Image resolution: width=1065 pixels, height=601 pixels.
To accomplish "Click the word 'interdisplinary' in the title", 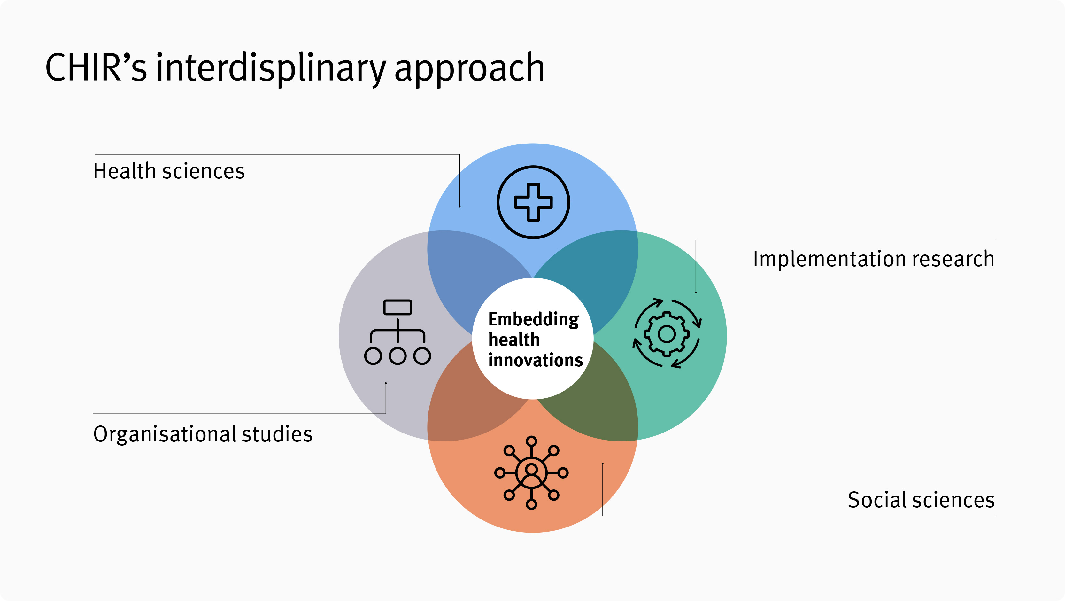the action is (271, 68).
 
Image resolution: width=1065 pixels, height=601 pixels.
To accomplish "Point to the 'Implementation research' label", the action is (873, 259).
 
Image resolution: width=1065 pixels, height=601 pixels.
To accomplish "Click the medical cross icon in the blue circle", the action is (533, 202).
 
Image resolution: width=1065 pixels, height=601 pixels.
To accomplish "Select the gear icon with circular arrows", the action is (667, 333).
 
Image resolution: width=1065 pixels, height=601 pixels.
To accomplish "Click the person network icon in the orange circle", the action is (531, 472).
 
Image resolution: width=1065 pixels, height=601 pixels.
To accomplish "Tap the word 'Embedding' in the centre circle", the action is (533, 319).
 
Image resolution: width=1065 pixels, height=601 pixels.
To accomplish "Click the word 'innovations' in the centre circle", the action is (536, 360).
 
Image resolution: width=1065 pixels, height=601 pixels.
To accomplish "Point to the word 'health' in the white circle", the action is (514, 340).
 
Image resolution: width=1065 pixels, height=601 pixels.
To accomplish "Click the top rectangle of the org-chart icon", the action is (397, 307).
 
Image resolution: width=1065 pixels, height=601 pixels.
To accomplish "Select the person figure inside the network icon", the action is (531, 473).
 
